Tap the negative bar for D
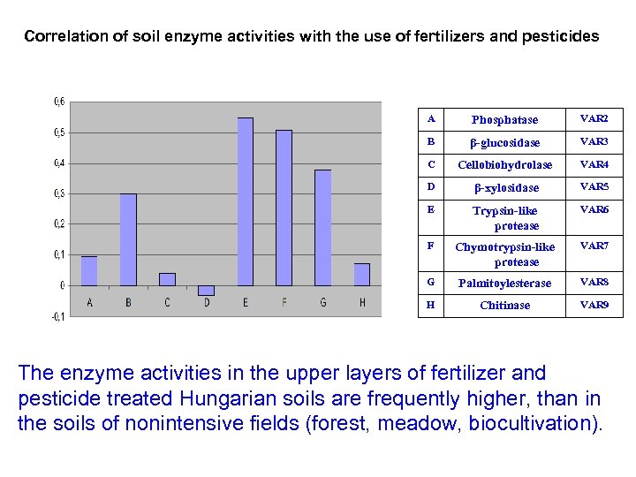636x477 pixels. tap(207, 290)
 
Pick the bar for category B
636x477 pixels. tap(128, 239)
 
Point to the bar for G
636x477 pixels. tap(323, 227)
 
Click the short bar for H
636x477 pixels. tap(361, 274)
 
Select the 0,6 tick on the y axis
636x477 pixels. tap(58, 102)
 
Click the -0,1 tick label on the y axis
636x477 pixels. tap(57, 316)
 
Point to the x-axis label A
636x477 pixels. tap(89, 302)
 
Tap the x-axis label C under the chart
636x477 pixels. tap(167, 302)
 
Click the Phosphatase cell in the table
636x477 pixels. tap(504, 119)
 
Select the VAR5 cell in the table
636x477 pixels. tap(594, 187)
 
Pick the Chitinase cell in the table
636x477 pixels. tap(504, 305)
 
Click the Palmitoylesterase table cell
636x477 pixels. tap(504, 283)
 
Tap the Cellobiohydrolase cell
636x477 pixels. tap(504, 164)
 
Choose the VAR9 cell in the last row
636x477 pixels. tap(594, 305)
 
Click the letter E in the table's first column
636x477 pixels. tap(430, 210)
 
